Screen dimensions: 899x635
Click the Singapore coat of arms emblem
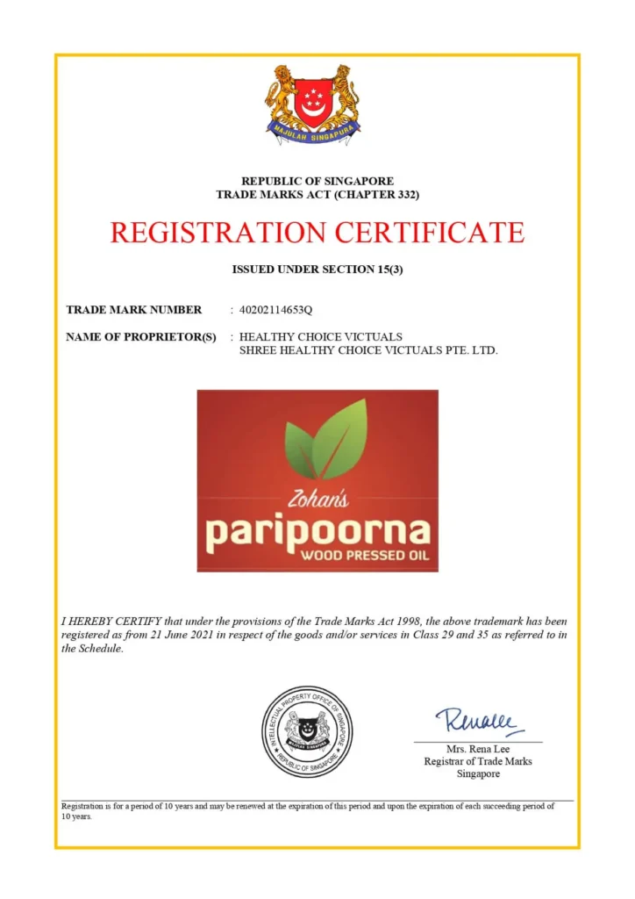tap(313, 103)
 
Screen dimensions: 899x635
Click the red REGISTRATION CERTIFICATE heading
tap(317, 233)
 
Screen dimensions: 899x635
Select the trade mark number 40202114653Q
tap(282, 309)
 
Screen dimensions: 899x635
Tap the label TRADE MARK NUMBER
tap(134, 309)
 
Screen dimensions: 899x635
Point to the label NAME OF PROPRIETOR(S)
tap(141, 337)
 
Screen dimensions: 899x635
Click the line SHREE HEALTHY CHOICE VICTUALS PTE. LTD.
tap(368, 350)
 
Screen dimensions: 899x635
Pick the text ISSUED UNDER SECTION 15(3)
tap(317, 270)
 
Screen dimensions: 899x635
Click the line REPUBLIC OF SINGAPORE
tap(317, 181)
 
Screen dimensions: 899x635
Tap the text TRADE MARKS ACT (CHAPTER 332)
tap(317, 194)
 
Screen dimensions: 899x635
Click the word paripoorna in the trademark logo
tap(317, 531)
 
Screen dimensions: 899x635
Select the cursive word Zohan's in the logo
tap(317, 500)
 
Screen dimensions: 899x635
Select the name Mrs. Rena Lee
tap(478, 749)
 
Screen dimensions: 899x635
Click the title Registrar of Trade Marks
tap(478, 761)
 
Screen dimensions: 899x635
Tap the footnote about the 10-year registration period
tap(307, 810)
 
